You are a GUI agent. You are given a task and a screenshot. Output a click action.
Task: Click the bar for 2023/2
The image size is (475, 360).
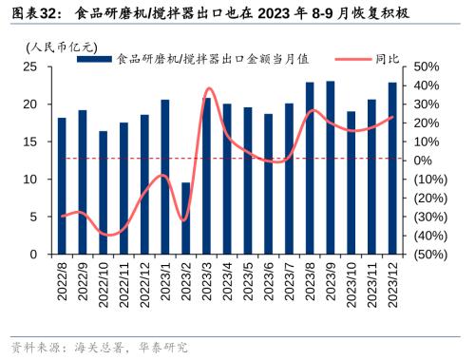pos(186,218)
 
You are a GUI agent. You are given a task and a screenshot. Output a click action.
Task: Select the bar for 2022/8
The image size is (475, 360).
pos(62,185)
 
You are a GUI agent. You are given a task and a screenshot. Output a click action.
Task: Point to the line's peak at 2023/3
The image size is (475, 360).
pos(207,88)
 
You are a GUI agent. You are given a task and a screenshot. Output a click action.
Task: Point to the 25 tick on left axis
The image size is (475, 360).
pos(31,66)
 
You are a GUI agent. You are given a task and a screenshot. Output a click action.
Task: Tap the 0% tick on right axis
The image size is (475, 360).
pos(424,161)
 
